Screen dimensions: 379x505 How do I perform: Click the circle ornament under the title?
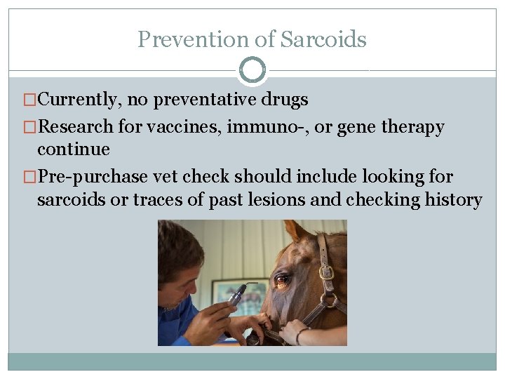(x=252, y=70)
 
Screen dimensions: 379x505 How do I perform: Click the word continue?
(x=73, y=149)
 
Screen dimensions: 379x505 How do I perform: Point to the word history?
(x=453, y=200)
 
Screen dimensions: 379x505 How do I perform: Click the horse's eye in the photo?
(x=281, y=280)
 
